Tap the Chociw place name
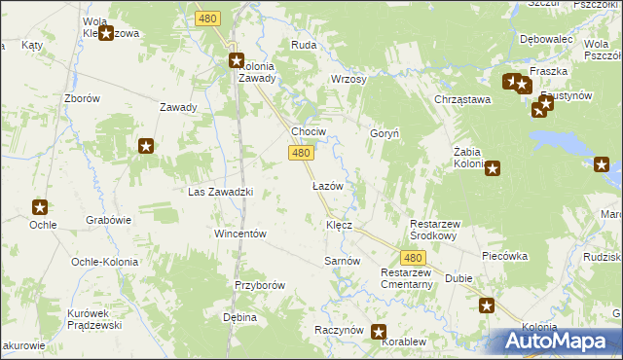(x=309, y=131)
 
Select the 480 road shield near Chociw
(x=301, y=153)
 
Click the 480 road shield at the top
(x=207, y=18)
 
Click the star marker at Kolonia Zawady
(x=237, y=60)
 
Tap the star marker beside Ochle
(x=40, y=207)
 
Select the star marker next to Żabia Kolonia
(x=493, y=168)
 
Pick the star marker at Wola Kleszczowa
(x=106, y=33)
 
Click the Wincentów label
(x=240, y=234)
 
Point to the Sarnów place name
(x=343, y=262)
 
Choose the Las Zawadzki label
(x=220, y=192)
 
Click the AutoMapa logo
(x=558, y=341)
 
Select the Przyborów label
(x=259, y=285)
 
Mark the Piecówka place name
(x=504, y=256)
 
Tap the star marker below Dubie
(x=487, y=306)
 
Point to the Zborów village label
(x=82, y=99)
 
